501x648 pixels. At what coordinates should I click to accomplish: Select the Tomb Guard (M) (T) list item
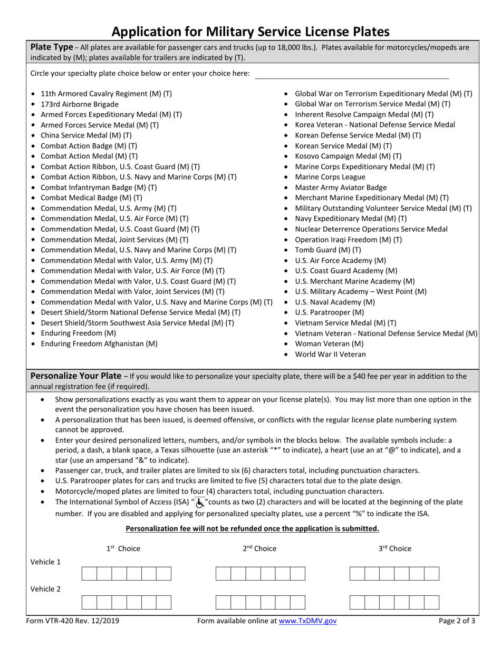pos(327,250)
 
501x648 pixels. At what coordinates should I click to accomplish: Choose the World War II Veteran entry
pos(330,354)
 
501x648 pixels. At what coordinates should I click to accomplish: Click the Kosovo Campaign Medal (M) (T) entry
pos(348,156)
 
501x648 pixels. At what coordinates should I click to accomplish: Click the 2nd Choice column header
pos(259,548)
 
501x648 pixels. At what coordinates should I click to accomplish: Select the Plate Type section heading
pos(52,47)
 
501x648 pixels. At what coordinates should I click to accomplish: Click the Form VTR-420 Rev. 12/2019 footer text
pos(73,621)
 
